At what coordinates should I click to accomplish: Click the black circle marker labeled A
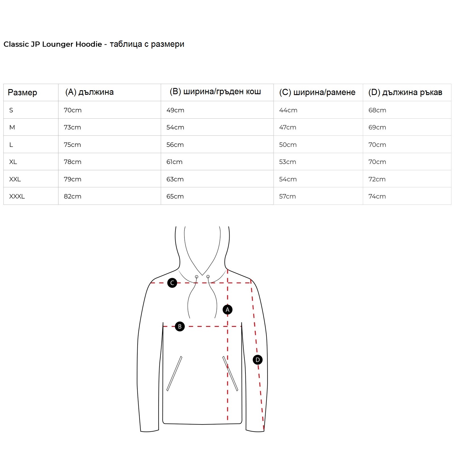(x=227, y=310)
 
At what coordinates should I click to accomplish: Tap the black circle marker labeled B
(x=180, y=326)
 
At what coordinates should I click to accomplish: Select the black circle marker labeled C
(x=172, y=283)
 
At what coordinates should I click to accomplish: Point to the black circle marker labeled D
(x=257, y=360)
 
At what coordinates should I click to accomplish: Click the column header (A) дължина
(x=89, y=92)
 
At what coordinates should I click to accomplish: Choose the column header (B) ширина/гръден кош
(x=215, y=92)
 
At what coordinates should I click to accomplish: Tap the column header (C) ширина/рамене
(x=317, y=92)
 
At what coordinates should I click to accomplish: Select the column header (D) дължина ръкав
(x=405, y=92)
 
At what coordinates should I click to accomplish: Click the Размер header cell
(x=22, y=93)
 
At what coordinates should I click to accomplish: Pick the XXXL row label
(x=17, y=196)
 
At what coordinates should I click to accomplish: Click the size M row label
(x=12, y=127)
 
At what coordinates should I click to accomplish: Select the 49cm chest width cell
(x=175, y=110)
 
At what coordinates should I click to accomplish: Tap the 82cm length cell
(x=72, y=196)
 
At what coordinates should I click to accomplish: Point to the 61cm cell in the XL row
(x=174, y=162)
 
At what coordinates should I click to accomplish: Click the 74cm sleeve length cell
(x=377, y=196)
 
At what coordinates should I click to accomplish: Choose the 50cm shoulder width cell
(x=288, y=145)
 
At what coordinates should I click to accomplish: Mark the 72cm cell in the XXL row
(x=377, y=179)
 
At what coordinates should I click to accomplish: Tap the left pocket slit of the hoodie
(x=174, y=373)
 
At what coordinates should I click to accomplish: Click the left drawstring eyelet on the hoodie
(x=196, y=277)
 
